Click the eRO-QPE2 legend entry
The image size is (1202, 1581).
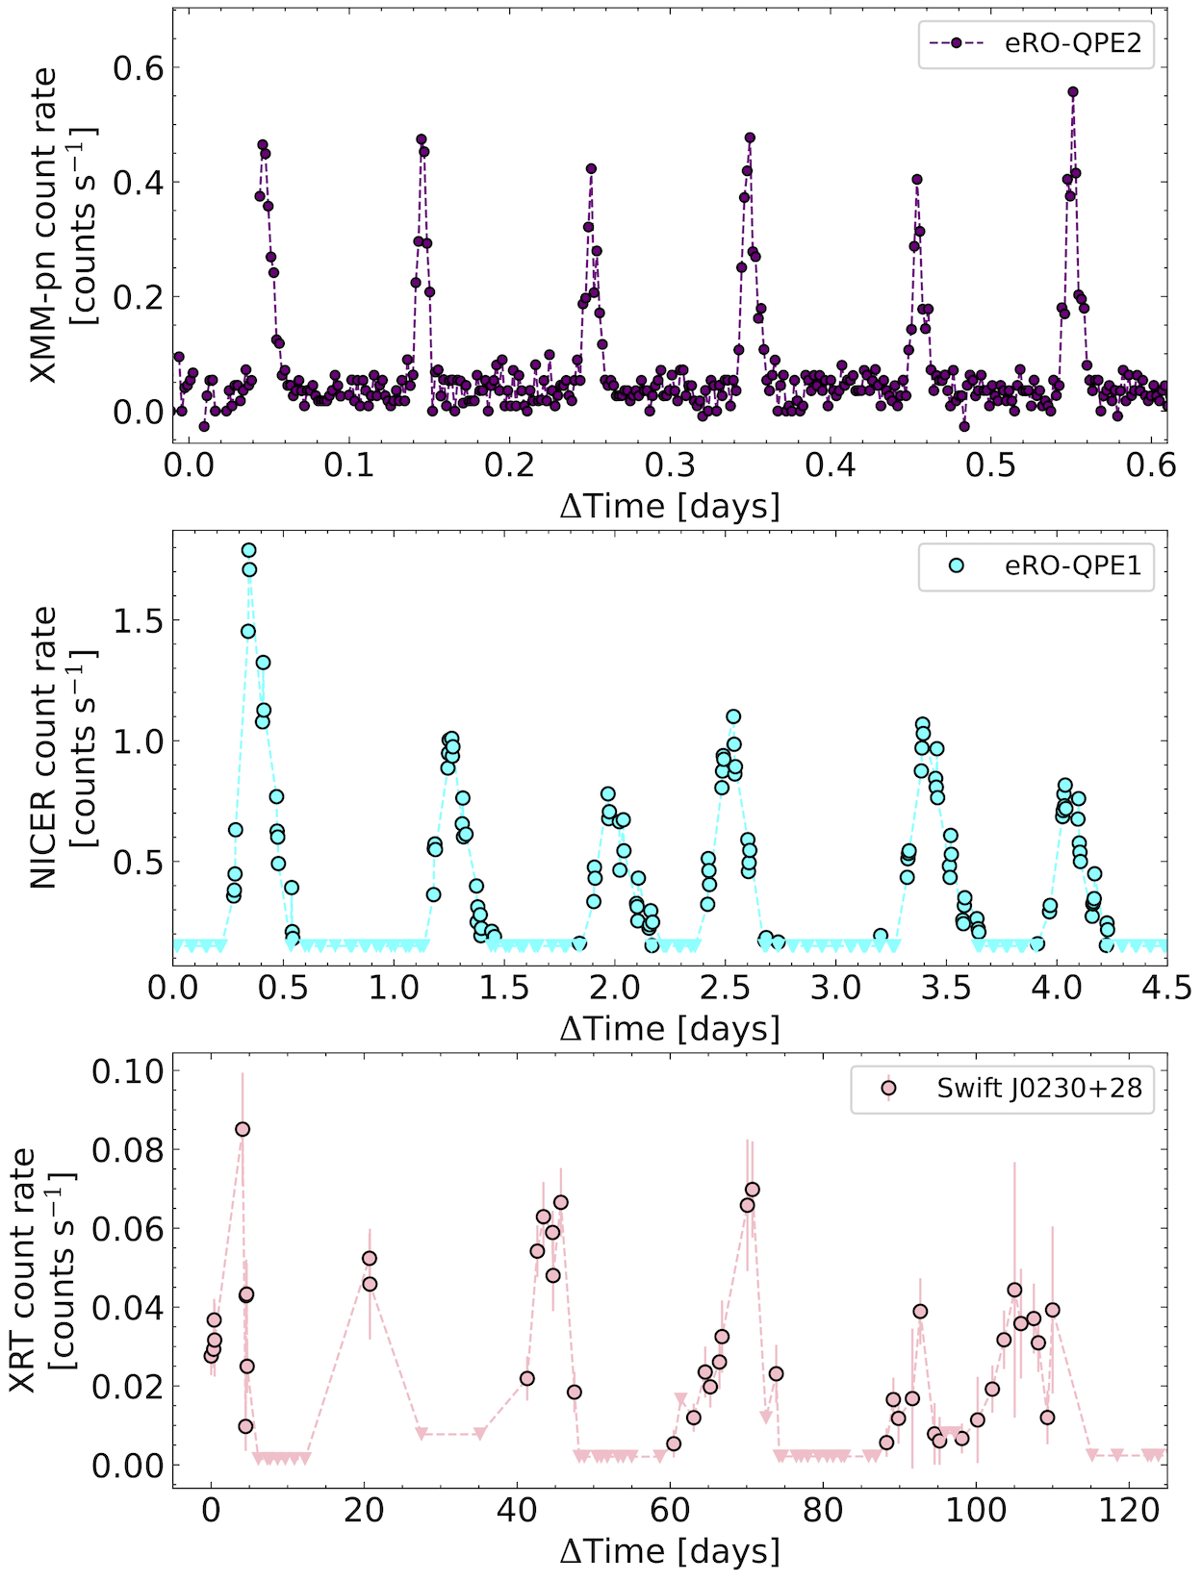pos(1036,44)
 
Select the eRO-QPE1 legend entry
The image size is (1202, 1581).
pos(1036,565)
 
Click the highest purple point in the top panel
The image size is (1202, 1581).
pos(1073,92)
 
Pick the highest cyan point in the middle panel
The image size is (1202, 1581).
pos(249,551)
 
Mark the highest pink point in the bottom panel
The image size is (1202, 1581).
pos(243,1129)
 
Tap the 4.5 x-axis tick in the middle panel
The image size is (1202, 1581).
pos(1165,988)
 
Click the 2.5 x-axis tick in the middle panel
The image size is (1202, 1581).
pos(725,988)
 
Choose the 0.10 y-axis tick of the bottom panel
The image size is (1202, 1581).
pos(127,1070)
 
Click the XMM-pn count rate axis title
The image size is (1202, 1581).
pos(63,226)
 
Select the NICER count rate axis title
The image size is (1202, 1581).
pos(63,748)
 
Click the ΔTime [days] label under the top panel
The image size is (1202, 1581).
pos(670,505)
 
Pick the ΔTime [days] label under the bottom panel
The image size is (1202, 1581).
pos(670,1550)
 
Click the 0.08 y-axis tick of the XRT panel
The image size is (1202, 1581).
pos(127,1150)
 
